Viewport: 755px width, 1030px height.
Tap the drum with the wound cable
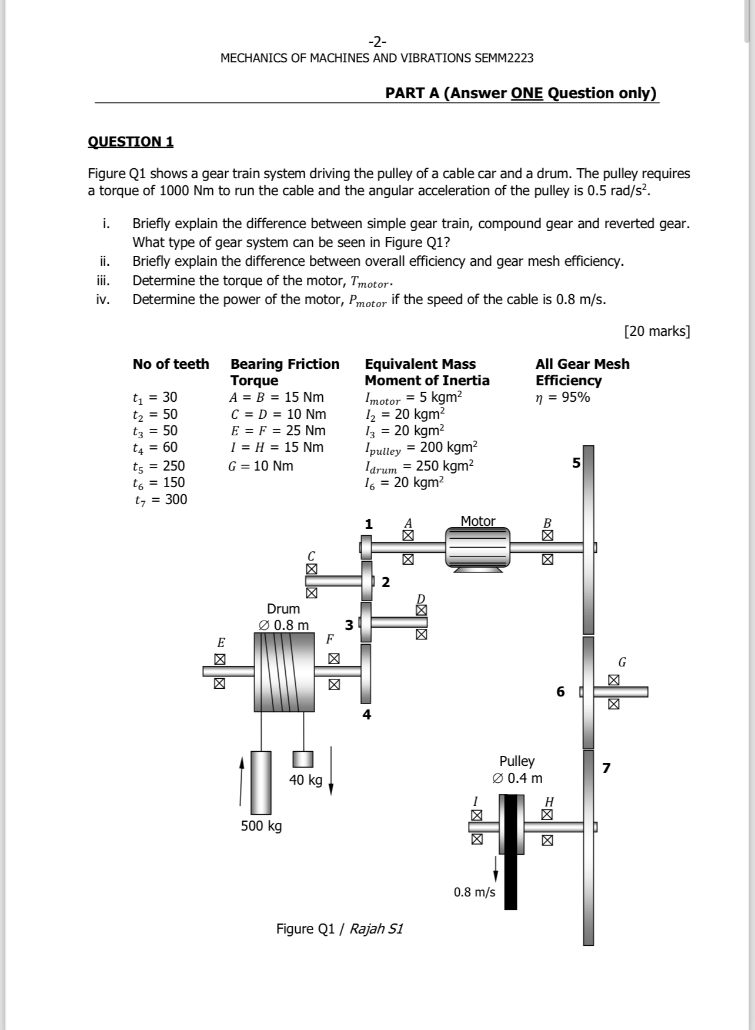pyautogui.click(x=285, y=672)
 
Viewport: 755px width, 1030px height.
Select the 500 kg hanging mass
pyautogui.click(x=261, y=782)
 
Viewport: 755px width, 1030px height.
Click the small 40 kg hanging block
pyautogui.click(x=303, y=759)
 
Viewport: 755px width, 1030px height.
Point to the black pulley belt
pyautogui.click(x=510, y=853)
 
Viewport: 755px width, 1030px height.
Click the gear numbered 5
pyautogui.click(x=588, y=538)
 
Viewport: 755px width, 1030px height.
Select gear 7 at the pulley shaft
pyautogui.click(x=589, y=847)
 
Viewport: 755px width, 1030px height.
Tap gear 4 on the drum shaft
pyautogui.click(x=366, y=674)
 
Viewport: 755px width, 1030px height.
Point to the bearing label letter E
pyautogui.click(x=221, y=642)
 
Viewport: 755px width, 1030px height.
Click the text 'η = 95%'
pyautogui.click(x=563, y=397)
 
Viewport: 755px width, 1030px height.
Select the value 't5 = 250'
pyautogui.click(x=159, y=466)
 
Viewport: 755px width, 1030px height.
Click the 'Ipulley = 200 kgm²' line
pyautogui.click(x=421, y=448)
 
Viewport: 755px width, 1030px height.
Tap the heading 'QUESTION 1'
pyautogui.click(x=131, y=142)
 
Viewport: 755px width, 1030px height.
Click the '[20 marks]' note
pyautogui.click(x=657, y=331)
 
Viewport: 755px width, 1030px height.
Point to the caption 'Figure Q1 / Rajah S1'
pyautogui.click(x=339, y=928)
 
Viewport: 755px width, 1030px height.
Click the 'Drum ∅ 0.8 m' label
pyautogui.click(x=283, y=616)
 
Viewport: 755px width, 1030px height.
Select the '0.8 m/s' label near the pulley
pyautogui.click(x=475, y=892)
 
